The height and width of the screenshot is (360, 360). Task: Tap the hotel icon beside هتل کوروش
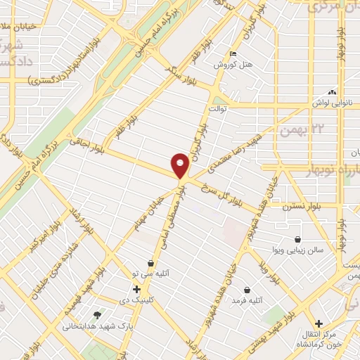click(x=233, y=55)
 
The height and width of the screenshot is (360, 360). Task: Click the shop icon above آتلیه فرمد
click(x=247, y=290)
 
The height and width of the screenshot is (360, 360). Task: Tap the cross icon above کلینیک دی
click(x=136, y=289)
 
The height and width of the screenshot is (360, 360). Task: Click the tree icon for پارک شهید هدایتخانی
click(x=97, y=314)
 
